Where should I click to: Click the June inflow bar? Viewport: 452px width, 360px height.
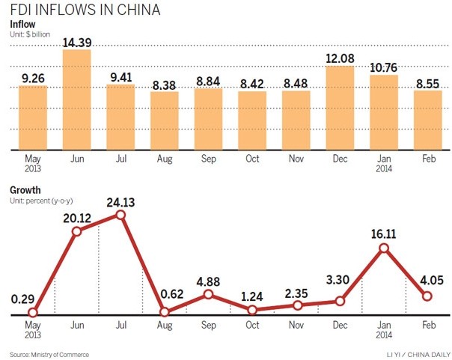pos(76,100)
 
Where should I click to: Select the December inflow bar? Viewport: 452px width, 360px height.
pos(340,108)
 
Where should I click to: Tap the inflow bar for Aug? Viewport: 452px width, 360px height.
pos(165,120)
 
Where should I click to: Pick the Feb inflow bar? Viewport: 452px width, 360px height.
pos(429,120)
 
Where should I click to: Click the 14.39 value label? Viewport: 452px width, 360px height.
pos(76,43)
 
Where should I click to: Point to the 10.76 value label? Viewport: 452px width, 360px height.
pos(385,68)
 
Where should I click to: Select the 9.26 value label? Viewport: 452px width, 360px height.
pos(32,78)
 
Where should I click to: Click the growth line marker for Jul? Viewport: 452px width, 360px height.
pos(120,215)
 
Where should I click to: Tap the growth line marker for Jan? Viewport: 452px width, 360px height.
pos(385,248)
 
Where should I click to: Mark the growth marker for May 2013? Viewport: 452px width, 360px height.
pos(32,314)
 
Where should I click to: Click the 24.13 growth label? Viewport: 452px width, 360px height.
pos(120,202)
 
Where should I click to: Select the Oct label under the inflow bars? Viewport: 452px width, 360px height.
pos(252,159)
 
